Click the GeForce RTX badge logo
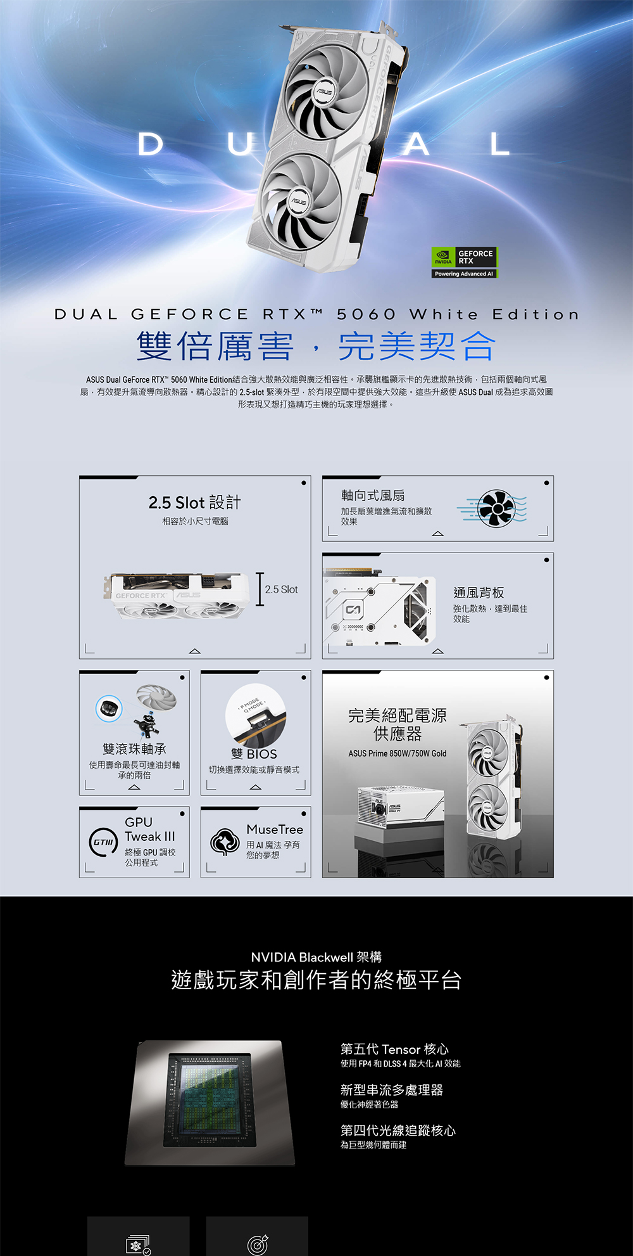click(x=464, y=262)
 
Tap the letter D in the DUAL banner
click(x=150, y=144)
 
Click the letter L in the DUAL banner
click(x=499, y=144)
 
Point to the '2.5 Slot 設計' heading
click(x=194, y=503)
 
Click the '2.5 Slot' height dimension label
click(x=281, y=589)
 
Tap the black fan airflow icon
click(x=496, y=508)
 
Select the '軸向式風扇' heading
click(x=373, y=496)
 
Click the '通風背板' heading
click(x=479, y=593)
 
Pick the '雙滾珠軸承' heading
click(x=134, y=749)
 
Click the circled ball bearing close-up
click(x=109, y=708)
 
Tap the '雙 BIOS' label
click(x=254, y=754)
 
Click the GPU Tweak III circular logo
click(x=103, y=842)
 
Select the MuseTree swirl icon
click(x=225, y=842)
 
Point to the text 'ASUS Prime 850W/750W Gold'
click(x=398, y=753)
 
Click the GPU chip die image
click(x=210, y=1103)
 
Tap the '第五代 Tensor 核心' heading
click(x=394, y=1049)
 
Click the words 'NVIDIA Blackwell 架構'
click(x=316, y=957)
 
